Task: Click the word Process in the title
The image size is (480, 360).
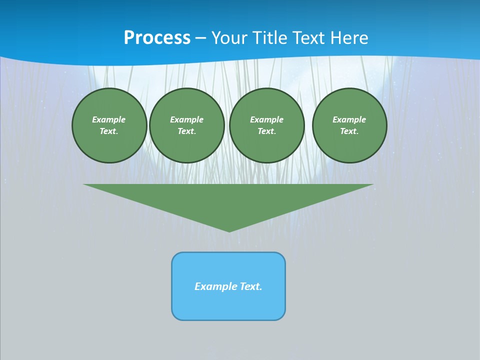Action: click(157, 38)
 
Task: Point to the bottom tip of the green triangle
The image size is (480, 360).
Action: click(229, 230)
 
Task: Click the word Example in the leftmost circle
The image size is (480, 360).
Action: click(109, 119)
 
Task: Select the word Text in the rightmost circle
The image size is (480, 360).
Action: click(349, 131)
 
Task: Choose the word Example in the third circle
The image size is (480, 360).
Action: click(266, 119)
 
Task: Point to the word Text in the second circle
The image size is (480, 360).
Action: click(186, 131)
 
